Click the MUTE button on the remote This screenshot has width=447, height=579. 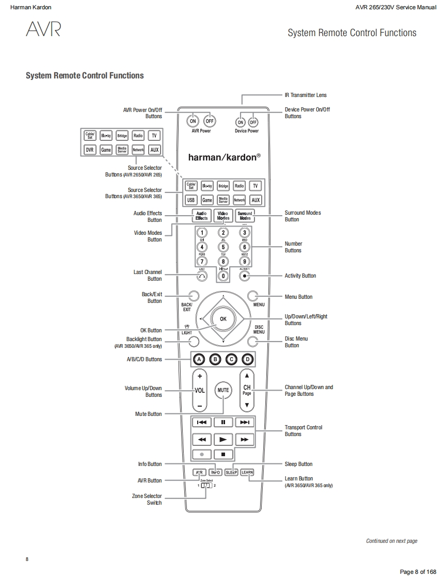click(x=223, y=390)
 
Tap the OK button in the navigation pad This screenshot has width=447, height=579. click(x=223, y=319)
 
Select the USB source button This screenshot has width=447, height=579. click(x=191, y=200)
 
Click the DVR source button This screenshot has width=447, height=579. click(x=90, y=150)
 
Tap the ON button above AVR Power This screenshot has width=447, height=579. click(x=193, y=121)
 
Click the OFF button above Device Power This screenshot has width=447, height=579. click(x=253, y=122)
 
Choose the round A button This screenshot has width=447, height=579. click(x=199, y=359)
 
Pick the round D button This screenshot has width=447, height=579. click(x=248, y=359)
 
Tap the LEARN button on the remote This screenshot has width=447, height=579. click(x=247, y=472)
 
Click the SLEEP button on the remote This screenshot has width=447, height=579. click(x=231, y=472)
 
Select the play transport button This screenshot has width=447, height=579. click(x=223, y=439)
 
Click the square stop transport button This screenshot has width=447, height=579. click(x=223, y=455)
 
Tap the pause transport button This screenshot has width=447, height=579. click(x=223, y=422)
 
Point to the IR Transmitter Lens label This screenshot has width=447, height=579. click(x=306, y=95)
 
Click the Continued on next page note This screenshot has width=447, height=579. click(x=392, y=541)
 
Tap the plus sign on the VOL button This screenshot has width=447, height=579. click(x=200, y=376)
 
